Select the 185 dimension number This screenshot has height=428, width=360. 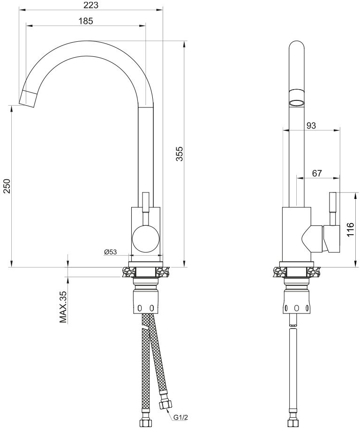pos(86,21)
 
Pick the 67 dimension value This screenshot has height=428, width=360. pos(317,173)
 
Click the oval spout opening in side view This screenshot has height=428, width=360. pos(296,102)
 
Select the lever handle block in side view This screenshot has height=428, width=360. pos(330,238)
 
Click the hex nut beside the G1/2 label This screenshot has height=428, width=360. pos(165,403)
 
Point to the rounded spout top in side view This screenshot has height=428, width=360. pos(296,49)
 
